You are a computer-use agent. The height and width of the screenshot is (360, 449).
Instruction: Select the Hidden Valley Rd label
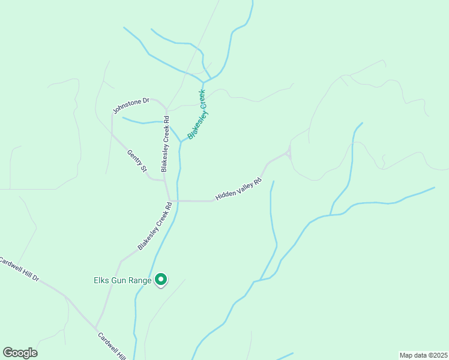(238, 189)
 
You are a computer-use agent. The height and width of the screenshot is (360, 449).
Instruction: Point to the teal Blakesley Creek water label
(197, 114)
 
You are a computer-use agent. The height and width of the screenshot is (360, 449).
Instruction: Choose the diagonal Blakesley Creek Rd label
(155, 226)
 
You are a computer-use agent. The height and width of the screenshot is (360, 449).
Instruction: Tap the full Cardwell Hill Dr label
(19, 270)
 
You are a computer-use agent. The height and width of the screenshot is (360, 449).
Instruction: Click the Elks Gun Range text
(122, 280)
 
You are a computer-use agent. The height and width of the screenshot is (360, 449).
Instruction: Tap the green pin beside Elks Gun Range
(161, 279)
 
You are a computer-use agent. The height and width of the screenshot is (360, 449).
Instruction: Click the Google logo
(20, 353)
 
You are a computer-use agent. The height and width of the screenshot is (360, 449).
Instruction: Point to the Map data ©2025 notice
(423, 355)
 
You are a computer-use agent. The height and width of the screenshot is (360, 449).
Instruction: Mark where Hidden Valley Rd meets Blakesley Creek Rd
(170, 200)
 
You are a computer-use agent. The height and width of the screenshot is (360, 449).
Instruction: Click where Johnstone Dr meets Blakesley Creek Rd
(164, 110)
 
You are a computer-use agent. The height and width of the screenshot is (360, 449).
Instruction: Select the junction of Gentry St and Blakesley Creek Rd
(165, 179)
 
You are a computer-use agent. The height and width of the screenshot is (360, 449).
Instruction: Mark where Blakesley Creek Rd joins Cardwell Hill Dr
(96, 328)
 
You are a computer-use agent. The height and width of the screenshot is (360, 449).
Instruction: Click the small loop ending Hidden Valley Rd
(289, 154)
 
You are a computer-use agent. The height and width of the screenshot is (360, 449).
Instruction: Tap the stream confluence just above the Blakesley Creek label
(203, 82)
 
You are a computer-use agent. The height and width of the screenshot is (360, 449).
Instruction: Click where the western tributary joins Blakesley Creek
(181, 142)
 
